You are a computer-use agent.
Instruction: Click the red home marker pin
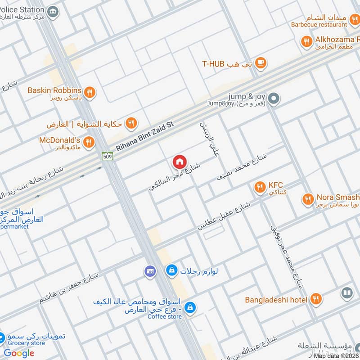(x=179, y=161)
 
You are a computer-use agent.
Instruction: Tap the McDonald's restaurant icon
(x=89, y=142)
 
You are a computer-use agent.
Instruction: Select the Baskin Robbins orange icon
(x=90, y=92)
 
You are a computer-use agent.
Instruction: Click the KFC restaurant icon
(x=259, y=187)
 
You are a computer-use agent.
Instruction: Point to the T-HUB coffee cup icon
(x=261, y=63)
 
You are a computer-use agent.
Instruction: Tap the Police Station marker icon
(x=53, y=12)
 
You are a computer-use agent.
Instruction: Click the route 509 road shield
(x=107, y=156)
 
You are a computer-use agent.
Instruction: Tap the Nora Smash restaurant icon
(x=308, y=199)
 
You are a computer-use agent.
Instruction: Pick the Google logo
(x=19, y=353)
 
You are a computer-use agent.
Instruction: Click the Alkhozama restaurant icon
(x=307, y=42)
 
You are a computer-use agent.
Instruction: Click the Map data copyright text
(x=336, y=355)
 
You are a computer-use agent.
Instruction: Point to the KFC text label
(x=275, y=185)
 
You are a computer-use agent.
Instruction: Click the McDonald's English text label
(x=60, y=140)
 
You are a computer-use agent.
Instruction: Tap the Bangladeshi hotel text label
(x=276, y=300)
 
